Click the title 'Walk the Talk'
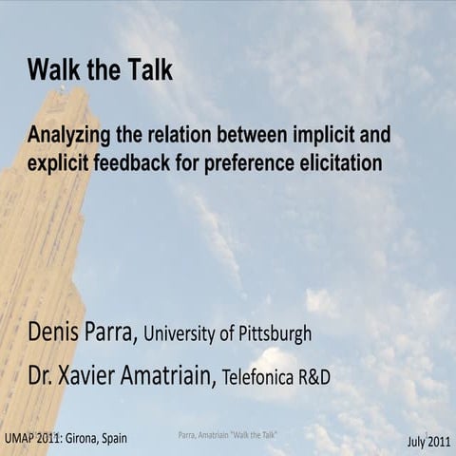pyautogui.click(x=100, y=70)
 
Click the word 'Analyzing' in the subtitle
pyautogui.click(x=67, y=135)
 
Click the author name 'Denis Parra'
pyautogui.click(x=85, y=333)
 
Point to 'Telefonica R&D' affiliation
pyautogui.click(x=276, y=378)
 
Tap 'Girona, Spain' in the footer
pyautogui.click(x=98, y=438)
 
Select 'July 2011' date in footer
pyautogui.click(x=428, y=442)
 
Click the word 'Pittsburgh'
pyautogui.click(x=276, y=335)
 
